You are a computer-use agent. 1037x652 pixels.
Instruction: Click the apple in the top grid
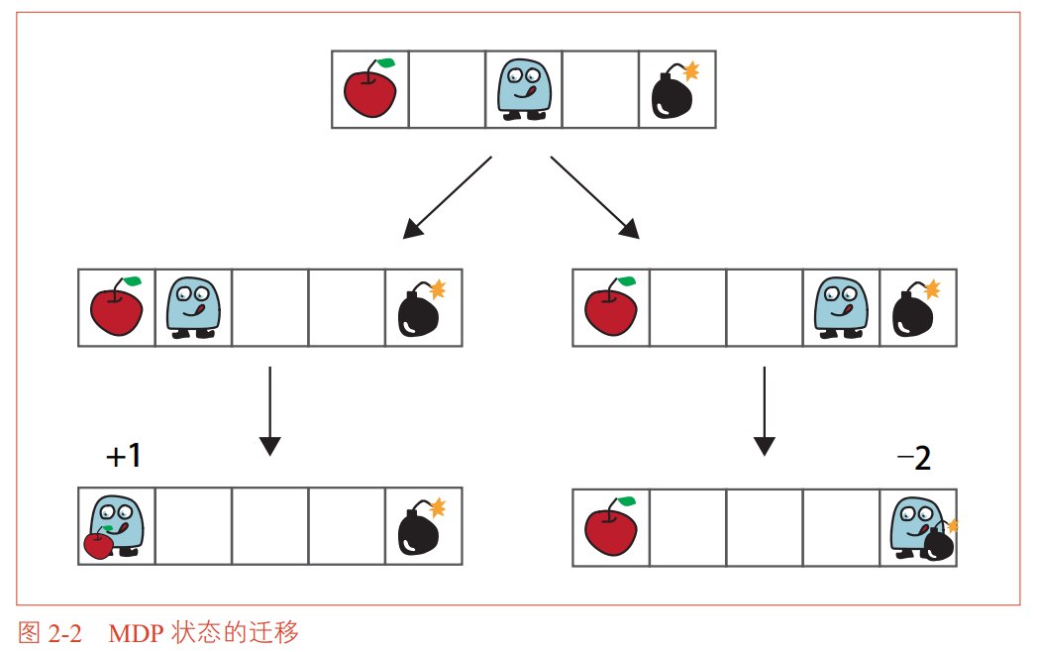(369, 88)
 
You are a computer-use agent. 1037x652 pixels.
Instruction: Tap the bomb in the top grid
(674, 91)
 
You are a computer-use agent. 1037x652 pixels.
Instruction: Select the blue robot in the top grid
(524, 89)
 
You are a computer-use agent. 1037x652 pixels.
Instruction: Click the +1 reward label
(124, 456)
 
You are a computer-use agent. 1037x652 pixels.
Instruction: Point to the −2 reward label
(914, 458)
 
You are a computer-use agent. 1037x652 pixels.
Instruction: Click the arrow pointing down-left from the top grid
(447, 197)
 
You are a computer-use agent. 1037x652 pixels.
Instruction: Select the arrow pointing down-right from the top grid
(595, 197)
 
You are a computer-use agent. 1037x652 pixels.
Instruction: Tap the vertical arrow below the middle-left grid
(269, 411)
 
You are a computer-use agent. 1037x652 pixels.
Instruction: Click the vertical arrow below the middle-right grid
(765, 411)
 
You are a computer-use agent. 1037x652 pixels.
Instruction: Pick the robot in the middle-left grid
(193, 308)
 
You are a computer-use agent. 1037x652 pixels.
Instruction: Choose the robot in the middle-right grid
(841, 308)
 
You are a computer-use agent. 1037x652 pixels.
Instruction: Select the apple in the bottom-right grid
(610, 526)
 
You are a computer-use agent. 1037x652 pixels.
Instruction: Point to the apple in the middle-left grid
(117, 306)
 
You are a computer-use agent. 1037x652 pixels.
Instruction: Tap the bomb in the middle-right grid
(916, 308)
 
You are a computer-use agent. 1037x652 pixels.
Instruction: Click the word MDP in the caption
(136, 633)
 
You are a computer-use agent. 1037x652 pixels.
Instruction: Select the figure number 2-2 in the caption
(64, 633)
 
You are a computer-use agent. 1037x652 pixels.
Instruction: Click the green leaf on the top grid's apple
(385, 62)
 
